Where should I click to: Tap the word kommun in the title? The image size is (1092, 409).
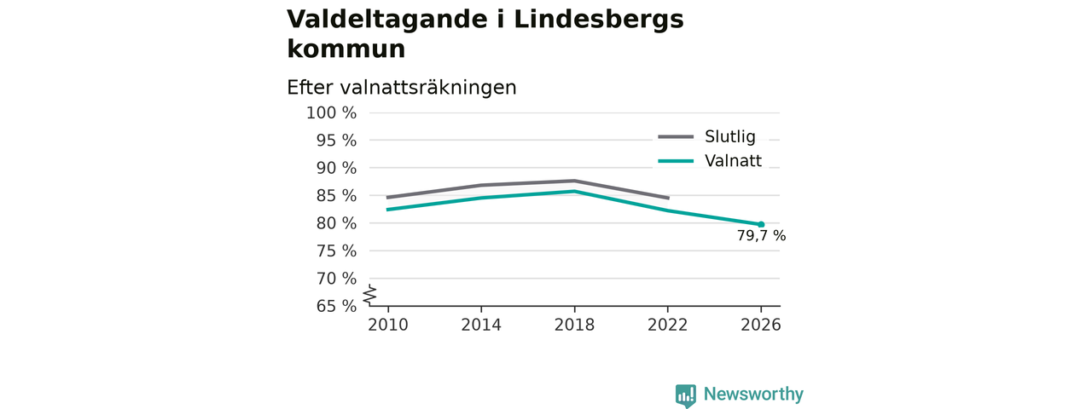(x=346, y=49)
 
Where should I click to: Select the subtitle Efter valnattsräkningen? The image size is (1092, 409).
(x=401, y=88)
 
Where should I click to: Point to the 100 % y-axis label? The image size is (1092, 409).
(x=332, y=113)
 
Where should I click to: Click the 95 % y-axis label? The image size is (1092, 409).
(x=336, y=141)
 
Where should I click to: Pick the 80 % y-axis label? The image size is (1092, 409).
(x=336, y=223)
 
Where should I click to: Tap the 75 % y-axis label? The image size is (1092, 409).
(x=336, y=251)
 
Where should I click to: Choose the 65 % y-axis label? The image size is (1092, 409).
(x=336, y=306)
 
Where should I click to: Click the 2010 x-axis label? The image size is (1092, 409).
(x=388, y=325)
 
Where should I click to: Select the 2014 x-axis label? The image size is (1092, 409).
(x=481, y=325)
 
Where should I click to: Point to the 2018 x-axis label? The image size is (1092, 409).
(x=574, y=325)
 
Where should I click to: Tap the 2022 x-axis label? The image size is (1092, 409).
(x=667, y=325)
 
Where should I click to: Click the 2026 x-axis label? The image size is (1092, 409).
(x=760, y=325)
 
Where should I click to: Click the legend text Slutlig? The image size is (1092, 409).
(x=729, y=137)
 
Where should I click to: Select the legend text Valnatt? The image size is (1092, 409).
(x=733, y=161)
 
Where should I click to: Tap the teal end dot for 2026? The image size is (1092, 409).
(x=761, y=224)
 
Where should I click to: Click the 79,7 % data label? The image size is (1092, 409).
(x=761, y=236)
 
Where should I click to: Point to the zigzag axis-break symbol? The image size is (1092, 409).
(x=370, y=295)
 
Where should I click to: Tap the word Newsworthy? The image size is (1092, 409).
(x=753, y=394)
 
